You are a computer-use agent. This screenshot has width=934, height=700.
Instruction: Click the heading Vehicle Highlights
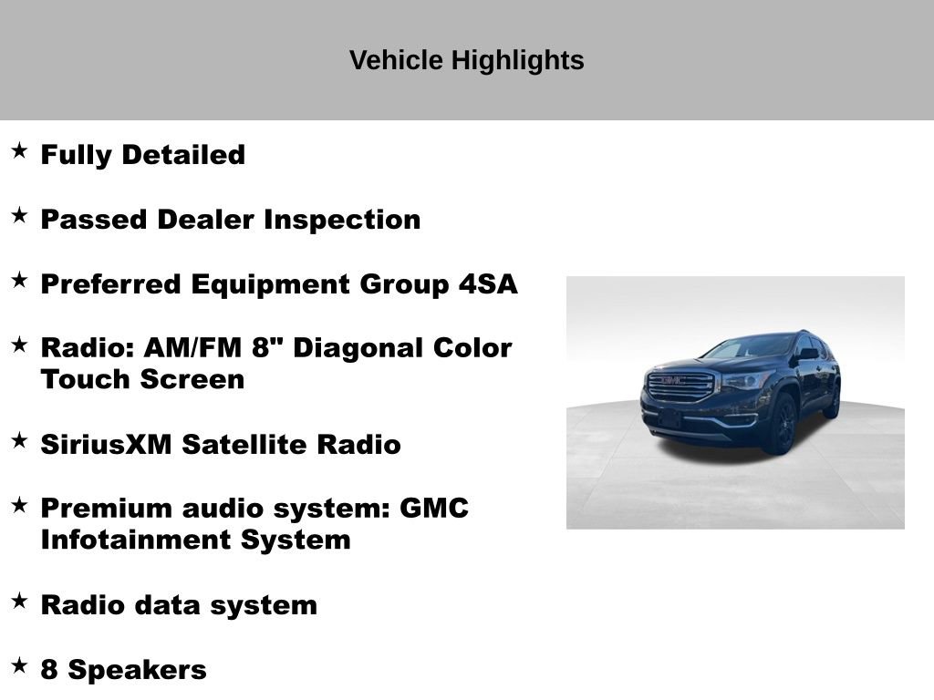click(466, 61)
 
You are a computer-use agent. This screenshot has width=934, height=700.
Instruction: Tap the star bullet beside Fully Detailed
click(19, 150)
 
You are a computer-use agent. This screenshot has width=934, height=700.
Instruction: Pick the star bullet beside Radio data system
click(19, 601)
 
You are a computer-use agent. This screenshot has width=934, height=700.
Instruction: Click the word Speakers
click(138, 670)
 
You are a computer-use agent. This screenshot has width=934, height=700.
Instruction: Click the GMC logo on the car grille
click(673, 380)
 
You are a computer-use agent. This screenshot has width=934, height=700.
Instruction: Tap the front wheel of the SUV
click(782, 425)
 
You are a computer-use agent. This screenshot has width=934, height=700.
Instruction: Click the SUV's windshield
click(750, 347)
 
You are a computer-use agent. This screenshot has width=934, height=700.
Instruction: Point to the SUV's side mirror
click(807, 355)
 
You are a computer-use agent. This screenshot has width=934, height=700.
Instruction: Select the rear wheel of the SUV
click(833, 400)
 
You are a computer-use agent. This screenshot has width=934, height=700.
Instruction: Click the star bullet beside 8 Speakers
click(19, 666)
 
